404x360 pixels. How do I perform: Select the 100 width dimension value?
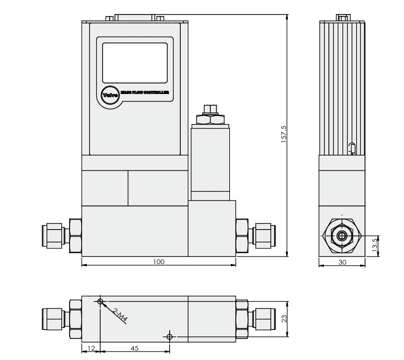coord(159,261)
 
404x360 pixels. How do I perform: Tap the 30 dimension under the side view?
coord(342,261)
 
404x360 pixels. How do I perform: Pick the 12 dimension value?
coord(91,348)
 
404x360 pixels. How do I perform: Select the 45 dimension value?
coord(135,348)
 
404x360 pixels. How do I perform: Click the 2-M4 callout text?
coord(120,316)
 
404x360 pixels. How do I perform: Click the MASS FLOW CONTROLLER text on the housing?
coord(145,92)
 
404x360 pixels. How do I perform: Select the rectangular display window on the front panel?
coord(135,62)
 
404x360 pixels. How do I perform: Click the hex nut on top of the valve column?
coord(210,119)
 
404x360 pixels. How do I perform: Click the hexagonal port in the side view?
coord(342,235)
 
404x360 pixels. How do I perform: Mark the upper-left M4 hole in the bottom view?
coord(101,302)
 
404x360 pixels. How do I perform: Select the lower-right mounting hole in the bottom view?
coord(169,336)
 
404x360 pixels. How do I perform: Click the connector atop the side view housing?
coord(342,18)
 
